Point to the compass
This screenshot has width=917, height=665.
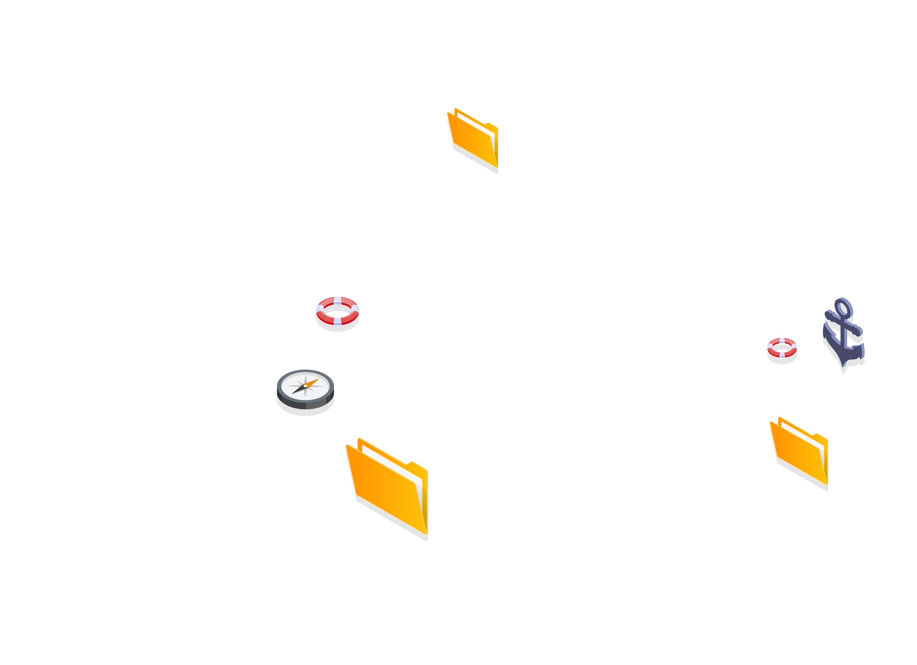tap(305, 389)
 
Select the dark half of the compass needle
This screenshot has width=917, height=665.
tap(298, 390)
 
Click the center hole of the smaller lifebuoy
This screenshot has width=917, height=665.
tap(782, 348)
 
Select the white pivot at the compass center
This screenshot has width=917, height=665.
tap(305, 386)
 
